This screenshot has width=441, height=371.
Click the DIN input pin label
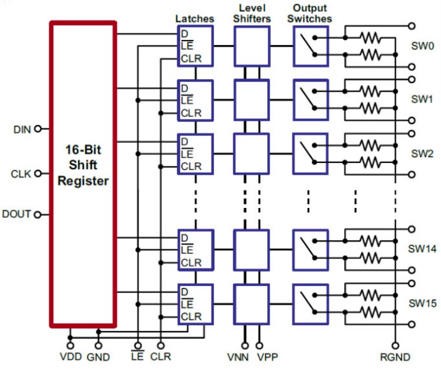click(x=21, y=129)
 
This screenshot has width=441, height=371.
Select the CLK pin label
click(x=21, y=173)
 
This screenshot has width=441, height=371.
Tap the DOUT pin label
click(x=16, y=215)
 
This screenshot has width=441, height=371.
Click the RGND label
click(x=395, y=357)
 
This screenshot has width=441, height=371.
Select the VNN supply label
click(x=238, y=357)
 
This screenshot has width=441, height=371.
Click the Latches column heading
click(x=194, y=19)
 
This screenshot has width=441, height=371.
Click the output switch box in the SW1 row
click(x=310, y=98)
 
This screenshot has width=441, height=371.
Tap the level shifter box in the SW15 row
click(x=251, y=302)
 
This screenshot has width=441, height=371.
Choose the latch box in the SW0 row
click(x=195, y=45)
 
